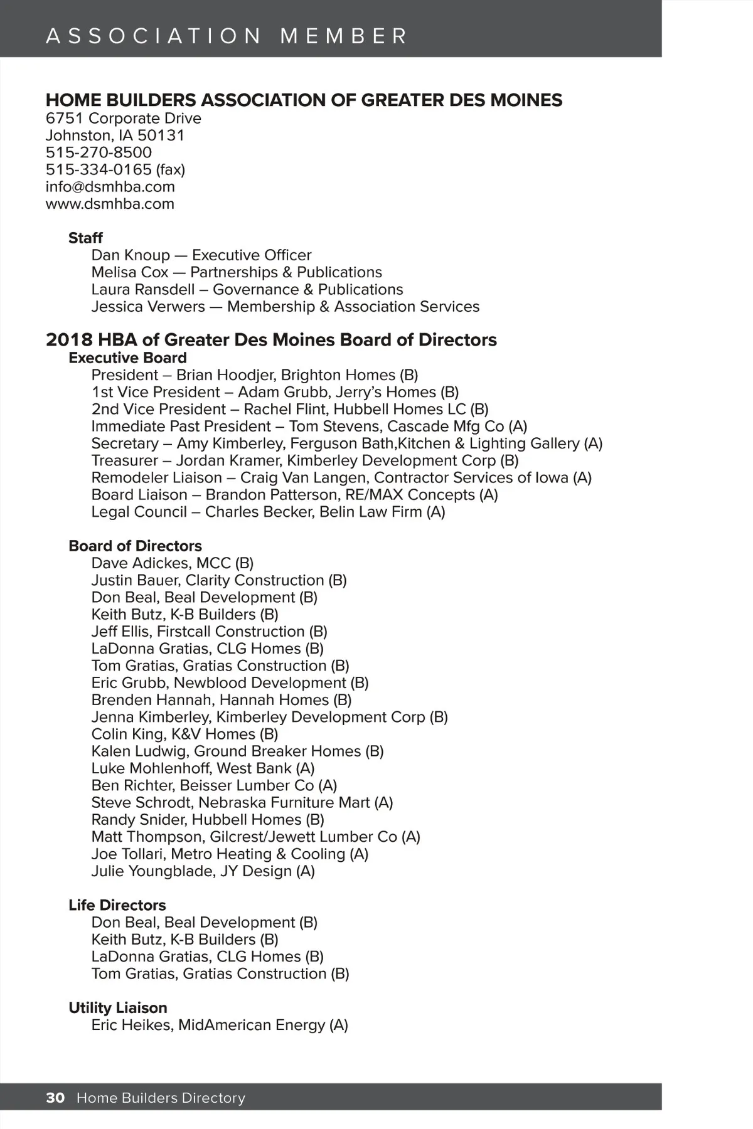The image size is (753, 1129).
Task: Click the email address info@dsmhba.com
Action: pyautogui.click(x=110, y=187)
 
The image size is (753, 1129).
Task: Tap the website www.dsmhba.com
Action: pyautogui.click(x=110, y=204)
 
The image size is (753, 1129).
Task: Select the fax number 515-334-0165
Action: pyautogui.click(x=99, y=170)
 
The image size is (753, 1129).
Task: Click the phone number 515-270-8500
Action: pyautogui.click(x=99, y=152)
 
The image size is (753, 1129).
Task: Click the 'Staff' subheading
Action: pyautogui.click(x=85, y=238)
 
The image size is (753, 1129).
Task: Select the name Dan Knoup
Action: pyautogui.click(x=131, y=255)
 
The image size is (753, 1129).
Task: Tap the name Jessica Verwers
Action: pyautogui.click(x=148, y=307)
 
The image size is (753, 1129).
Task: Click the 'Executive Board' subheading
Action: pyautogui.click(x=127, y=358)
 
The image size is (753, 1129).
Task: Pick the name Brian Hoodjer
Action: pyautogui.click(x=227, y=375)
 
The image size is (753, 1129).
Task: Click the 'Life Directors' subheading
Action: pyautogui.click(x=117, y=905)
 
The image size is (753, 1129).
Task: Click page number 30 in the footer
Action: pyautogui.click(x=55, y=1098)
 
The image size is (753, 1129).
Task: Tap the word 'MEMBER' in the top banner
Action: pyautogui.click(x=344, y=36)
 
